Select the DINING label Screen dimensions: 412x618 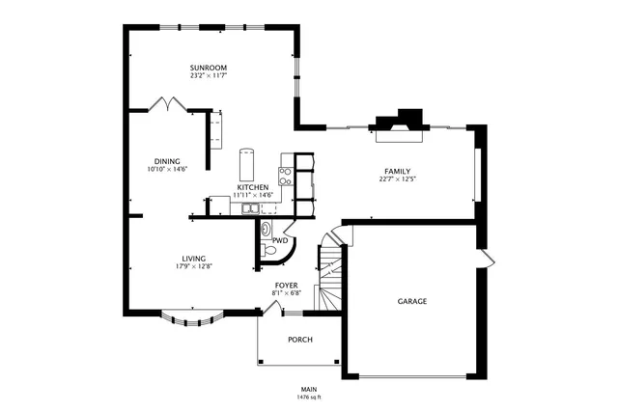point(166,161)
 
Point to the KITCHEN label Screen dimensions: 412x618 point(252,187)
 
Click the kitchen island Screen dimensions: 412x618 point(247,163)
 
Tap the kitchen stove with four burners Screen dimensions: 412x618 point(286,175)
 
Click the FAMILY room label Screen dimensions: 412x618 point(397,171)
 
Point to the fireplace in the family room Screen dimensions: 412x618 point(399,123)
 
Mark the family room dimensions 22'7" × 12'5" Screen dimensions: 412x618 point(397,179)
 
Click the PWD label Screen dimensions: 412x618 point(280,240)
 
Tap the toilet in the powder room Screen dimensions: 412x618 point(270,250)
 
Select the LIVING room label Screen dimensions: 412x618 point(193,258)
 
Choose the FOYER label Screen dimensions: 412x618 point(286,286)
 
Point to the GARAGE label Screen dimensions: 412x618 point(412,301)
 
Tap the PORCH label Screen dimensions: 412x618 point(300,340)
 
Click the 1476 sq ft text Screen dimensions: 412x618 point(309,397)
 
